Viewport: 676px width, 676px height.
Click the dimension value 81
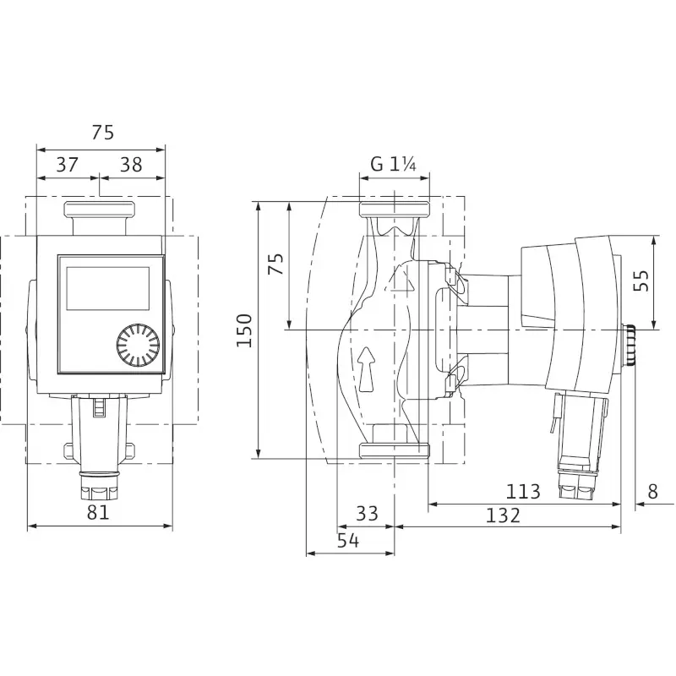tap(99, 512)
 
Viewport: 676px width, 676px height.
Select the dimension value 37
tap(68, 165)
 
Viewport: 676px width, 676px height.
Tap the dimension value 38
tap(131, 165)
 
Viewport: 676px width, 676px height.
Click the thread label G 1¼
tap(394, 165)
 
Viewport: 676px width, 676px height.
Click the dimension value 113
tap(523, 491)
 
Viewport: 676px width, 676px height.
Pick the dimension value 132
tap(504, 515)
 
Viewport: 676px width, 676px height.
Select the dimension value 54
tap(347, 542)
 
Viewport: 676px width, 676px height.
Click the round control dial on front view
tap(138, 345)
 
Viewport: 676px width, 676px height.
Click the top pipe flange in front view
tap(100, 209)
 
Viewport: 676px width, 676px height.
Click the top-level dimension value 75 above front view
tap(101, 133)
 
